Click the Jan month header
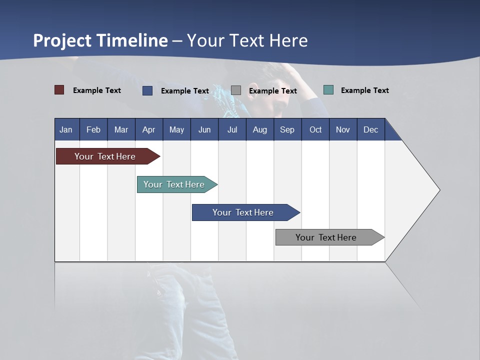click(66, 129)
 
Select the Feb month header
click(93, 129)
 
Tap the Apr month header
click(148, 129)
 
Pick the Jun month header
click(204, 129)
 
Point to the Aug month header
click(259, 129)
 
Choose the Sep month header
click(287, 129)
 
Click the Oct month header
click(315, 129)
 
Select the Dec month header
click(370, 129)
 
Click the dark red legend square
click(59, 90)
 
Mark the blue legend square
click(147, 90)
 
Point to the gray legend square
click(236, 90)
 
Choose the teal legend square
click(328, 90)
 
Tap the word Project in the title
click(61, 40)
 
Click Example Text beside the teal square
click(364, 90)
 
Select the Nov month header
click(343, 129)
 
